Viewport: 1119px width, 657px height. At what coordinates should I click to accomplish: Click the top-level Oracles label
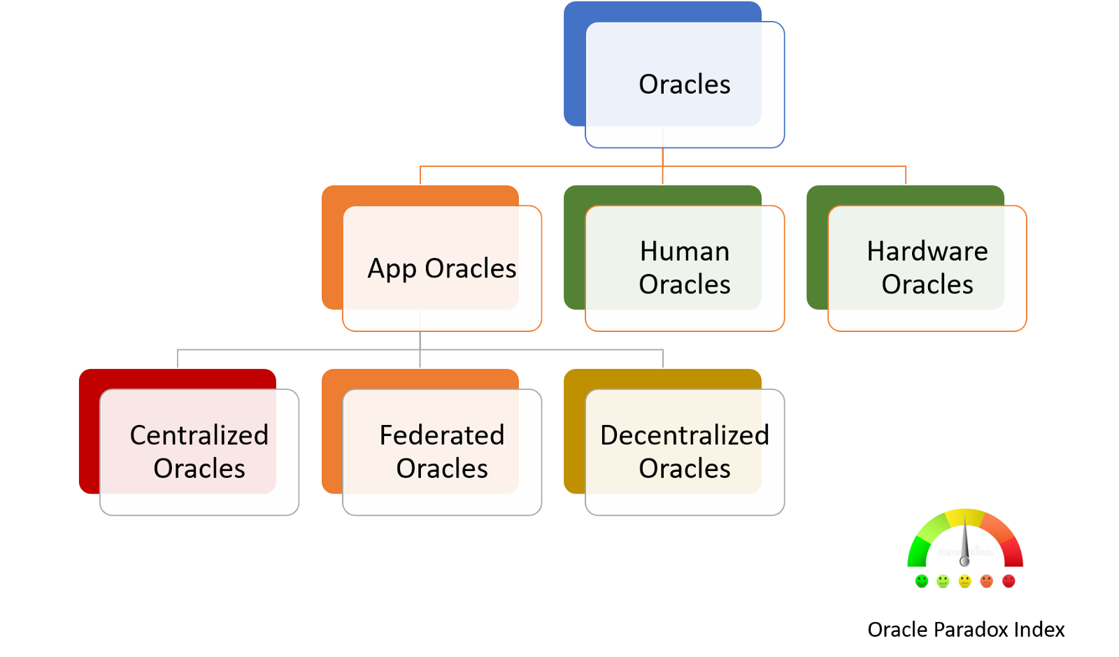[x=684, y=85]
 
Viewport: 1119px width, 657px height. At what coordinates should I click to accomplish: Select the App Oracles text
[x=441, y=268]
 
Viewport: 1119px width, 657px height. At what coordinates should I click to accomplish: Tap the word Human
[x=684, y=252]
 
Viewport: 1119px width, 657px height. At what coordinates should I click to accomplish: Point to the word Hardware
[x=927, y=252]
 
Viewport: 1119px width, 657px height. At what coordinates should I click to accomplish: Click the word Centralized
[x=199, y=435]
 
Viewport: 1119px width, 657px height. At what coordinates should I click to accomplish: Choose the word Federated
[x=441, y=435]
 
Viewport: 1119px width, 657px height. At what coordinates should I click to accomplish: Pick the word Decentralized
[x=684, y=435]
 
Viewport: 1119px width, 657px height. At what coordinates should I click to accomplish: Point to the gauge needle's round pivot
[x=964, y=561]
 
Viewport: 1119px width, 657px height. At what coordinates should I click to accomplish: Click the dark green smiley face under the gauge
[x=922, y=581]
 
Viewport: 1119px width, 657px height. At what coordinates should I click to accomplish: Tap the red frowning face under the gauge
[x=1008, y=581]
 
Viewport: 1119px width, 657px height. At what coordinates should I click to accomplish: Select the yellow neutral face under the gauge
[x=965, y=581]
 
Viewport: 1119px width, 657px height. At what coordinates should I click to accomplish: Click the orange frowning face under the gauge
[x=987, y=581]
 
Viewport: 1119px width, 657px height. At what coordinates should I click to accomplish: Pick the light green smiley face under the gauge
[x=943, y=581]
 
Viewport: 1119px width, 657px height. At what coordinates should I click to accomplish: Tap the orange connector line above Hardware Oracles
[x=906, y=175]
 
